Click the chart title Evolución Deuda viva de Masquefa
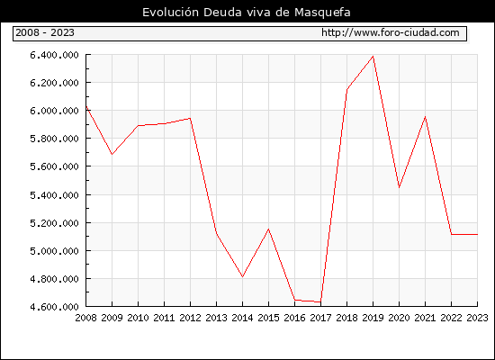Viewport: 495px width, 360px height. click(247, 13)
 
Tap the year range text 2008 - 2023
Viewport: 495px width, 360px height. click(45, 32)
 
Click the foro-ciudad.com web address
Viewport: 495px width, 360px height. click(391, 32)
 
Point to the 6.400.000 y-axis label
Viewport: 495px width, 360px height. click(54, 55)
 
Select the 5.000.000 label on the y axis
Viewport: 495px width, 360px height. click(54, 251)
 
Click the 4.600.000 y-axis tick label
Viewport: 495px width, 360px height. click(54, 307)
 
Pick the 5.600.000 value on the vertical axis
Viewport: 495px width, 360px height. click(54, 166)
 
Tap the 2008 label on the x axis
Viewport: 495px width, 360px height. click(85, 318)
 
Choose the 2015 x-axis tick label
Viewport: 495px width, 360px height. click(269, 318)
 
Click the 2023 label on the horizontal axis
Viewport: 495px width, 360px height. click(477, 318)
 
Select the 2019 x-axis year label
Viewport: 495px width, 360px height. click(373, 318)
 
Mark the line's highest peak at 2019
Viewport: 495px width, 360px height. click(373, 57)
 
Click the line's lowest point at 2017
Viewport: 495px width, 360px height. click(320, 302)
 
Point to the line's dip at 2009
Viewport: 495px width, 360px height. click(112, 155)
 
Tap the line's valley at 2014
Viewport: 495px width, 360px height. click(242, 276)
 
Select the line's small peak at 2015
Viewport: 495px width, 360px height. click(269, 229)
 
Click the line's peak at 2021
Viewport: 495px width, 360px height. click(425, 117)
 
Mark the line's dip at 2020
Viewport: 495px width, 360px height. click(399, 187)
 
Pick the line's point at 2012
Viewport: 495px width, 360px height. click(190, 119)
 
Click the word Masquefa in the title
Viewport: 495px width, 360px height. click(322, 13)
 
